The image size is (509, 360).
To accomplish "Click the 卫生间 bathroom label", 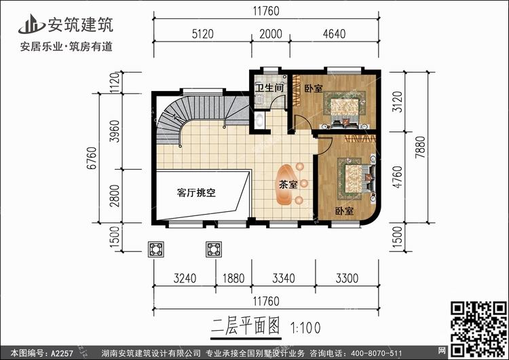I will [x=269, y=88].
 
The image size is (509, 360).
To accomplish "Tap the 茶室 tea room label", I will [x=288, y=184].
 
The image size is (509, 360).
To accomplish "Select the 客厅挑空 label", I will [x=196, y=193].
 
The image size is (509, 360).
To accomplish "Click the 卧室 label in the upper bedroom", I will [x=313, y=88].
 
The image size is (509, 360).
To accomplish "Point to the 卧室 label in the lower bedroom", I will [x=344, y=211].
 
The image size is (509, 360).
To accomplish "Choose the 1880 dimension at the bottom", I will [x=233, y=278].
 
